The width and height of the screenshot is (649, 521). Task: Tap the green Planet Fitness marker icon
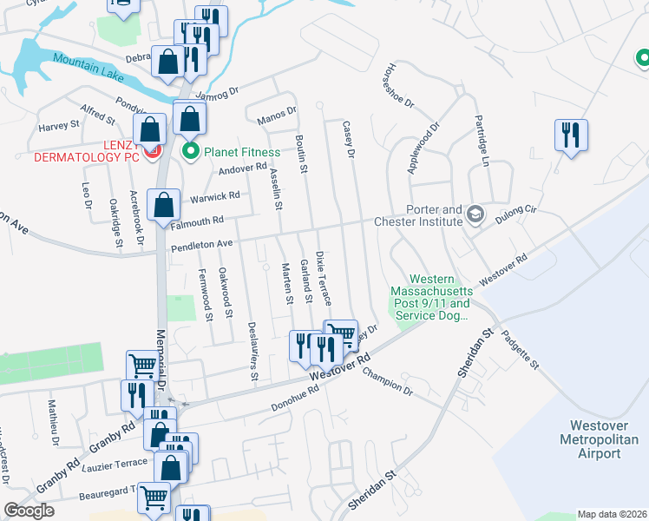click(x=191, y=151)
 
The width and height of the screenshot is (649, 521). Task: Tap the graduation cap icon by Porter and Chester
click(x=475, y=213)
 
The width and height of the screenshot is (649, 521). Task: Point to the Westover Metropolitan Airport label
click(x=605, y=439)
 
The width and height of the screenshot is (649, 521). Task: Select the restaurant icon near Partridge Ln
click(x=572, y=135)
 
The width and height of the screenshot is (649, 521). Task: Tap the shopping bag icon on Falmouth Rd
click(x=163, y=206)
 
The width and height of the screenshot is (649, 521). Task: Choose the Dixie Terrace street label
click(x=323, y=278)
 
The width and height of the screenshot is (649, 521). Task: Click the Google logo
click(x=29, y=511)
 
